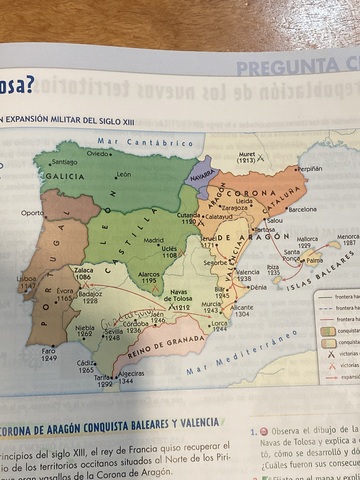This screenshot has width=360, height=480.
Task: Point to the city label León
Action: tap(124, 175)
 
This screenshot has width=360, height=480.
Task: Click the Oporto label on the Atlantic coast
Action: tap(32, 212)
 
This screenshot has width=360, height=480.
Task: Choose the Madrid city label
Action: tap(153, 240)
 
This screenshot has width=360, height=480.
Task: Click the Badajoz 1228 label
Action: tap(90, 297)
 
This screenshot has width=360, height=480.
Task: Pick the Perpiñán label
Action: tap(311, 169)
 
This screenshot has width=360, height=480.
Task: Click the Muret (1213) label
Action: tap(247, 158)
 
